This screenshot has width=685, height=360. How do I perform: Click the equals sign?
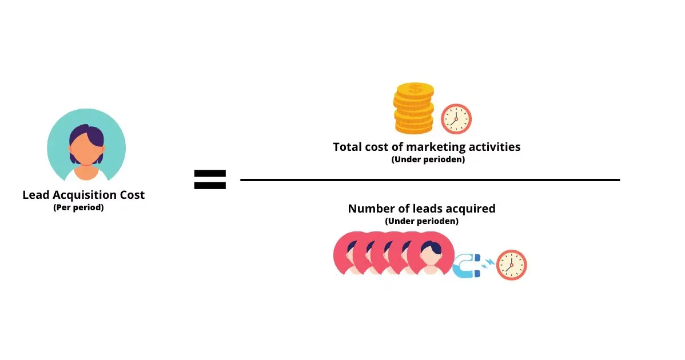(210, 179)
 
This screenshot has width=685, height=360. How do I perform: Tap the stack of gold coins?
(414, 108)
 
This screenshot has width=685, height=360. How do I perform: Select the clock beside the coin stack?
(456, 119)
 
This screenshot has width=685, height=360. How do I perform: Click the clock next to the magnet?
(511, 265)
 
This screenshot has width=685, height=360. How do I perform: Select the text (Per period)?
(78, 208)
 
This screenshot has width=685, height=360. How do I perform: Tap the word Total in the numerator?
(348, 147)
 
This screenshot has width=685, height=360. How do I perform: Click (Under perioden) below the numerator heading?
(428, 159)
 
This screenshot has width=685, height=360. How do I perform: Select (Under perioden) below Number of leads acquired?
(421, 221)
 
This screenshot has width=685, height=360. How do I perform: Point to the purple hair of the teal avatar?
(86, 133)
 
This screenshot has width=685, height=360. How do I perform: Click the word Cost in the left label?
(132, 195)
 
